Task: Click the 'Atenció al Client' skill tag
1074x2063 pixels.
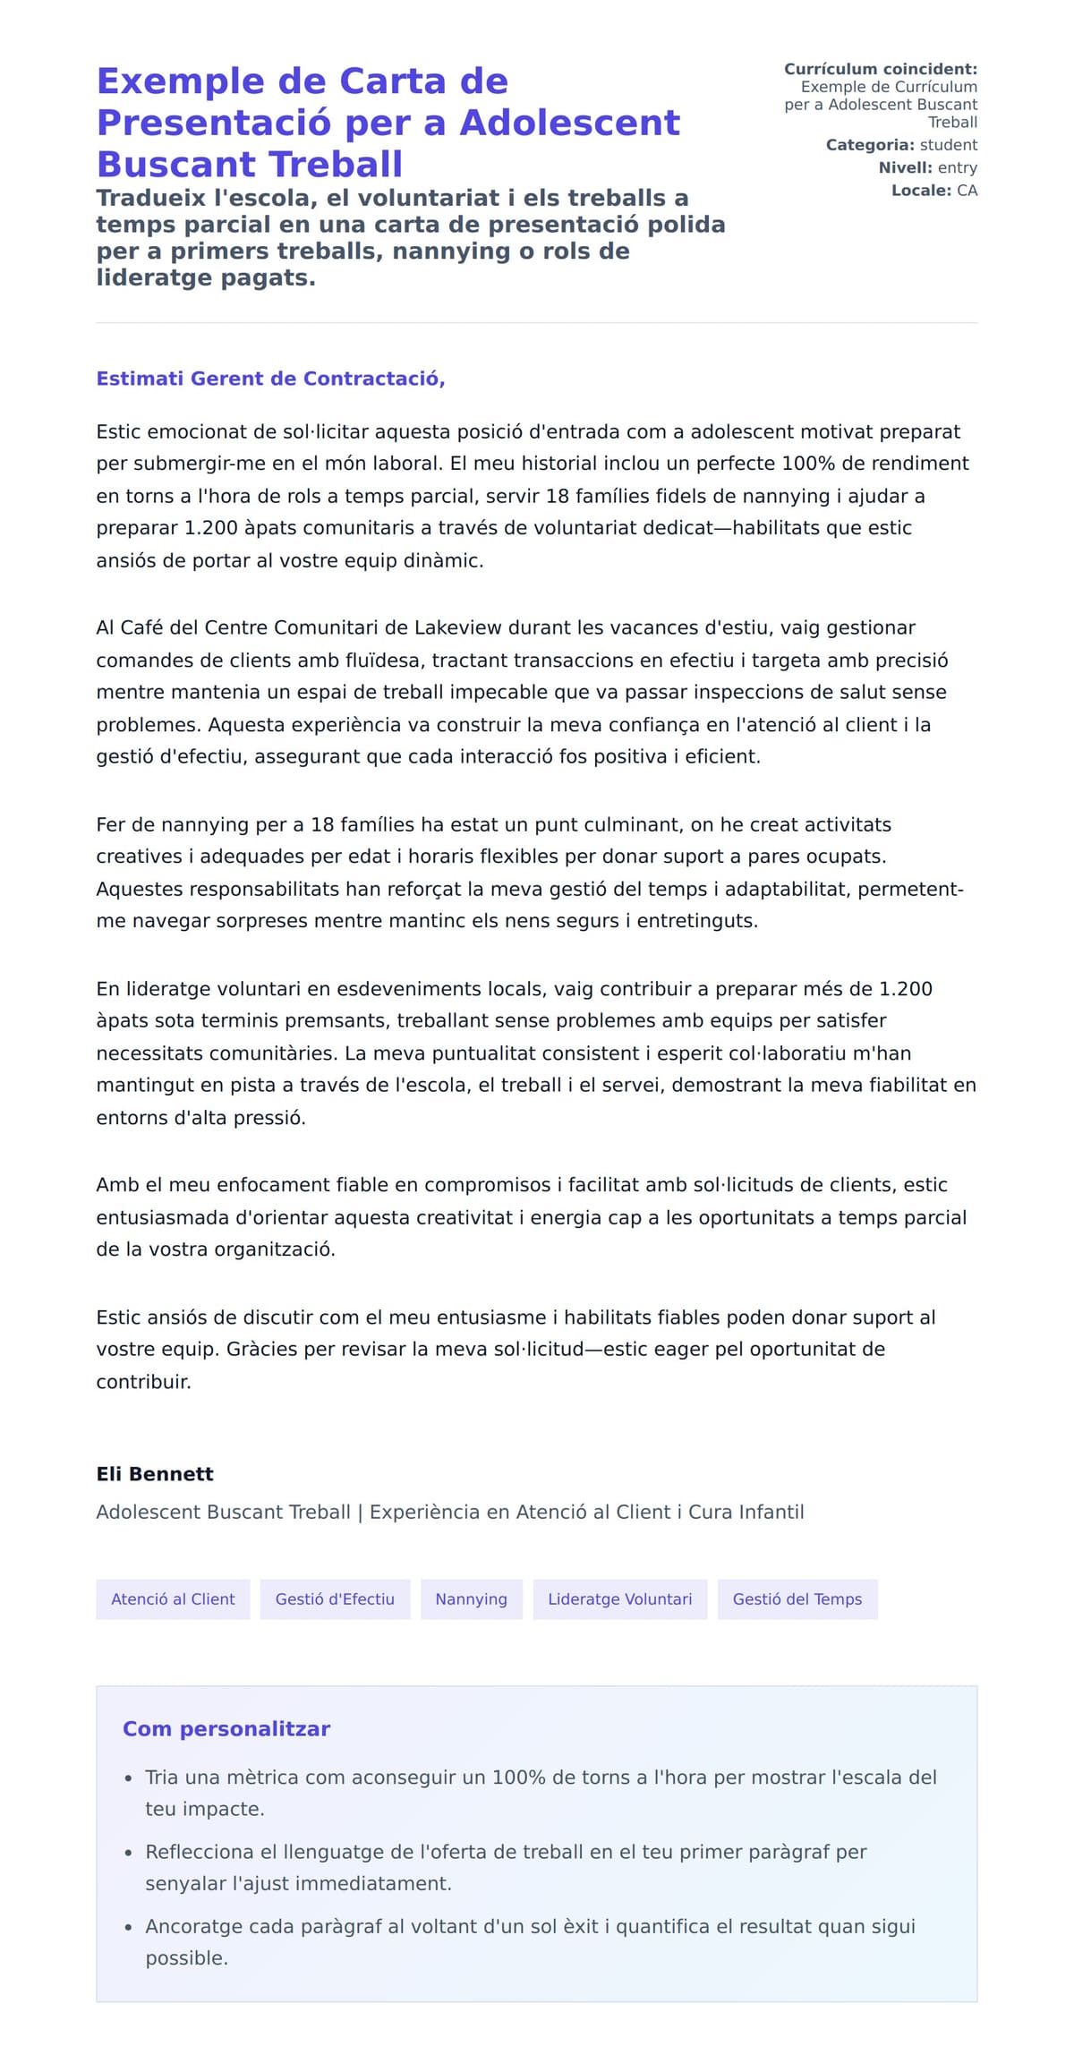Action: (x=173, y=1598)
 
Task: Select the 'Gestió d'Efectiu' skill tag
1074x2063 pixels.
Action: (x=335, y=1598)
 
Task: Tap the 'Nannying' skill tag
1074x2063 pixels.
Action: (x=471, y=1598)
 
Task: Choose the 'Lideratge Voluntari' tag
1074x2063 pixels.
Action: (x=619, y=1598)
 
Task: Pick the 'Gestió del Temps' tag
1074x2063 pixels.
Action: (x=797, y=1598)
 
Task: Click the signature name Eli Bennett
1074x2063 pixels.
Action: (x=155, y=1473)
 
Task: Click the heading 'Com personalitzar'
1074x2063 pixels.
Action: (x=226, y=1728)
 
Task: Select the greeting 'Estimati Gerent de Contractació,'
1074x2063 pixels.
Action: (x=270, y=379)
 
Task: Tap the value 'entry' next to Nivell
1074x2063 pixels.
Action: (x=957, y=167)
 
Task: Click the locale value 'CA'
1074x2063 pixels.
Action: (x=967, y=191)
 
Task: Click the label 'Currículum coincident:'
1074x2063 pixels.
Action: (x=881, y=69)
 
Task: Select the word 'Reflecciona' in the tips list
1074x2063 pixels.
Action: (x=200, y=1852)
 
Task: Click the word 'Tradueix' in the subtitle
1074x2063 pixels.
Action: (x=145, y=198)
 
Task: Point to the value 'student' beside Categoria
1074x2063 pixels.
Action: (x=948, y=145)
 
